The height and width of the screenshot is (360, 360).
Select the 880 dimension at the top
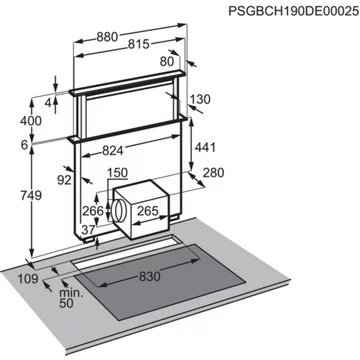click(107, 37)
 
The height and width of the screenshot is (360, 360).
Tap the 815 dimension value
click(139, 44)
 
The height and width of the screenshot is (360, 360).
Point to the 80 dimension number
click(167, 61)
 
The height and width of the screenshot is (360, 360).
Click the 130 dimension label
click(199, 99)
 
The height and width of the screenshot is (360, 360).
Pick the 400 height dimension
click(31, 121)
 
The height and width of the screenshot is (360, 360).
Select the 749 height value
click(31, 195)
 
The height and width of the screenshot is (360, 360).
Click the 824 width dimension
click(113, 151)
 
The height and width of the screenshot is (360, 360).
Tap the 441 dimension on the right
click(205, 147)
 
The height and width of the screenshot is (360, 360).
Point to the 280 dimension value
click(213, 173)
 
